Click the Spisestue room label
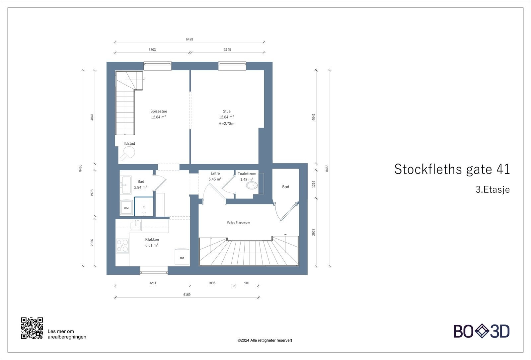(x=158, y=111)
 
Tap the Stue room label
(x=226, y=111)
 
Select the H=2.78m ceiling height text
(x=226, y=124)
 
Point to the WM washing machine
(x=126, y=208)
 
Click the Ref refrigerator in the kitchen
(x=182, y=257)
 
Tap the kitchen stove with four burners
(x=122, y=246)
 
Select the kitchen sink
(x=136, y=226)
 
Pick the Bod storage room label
(x=286, y=187)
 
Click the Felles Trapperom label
(x=238, y=223)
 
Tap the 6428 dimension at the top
(x=190, y=39)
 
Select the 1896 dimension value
(x=212, y=283)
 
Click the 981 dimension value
(x=247, y=283)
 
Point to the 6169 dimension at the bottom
(x=187, y=295)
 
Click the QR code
(x=32, y=328)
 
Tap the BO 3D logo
(x=482, y=331)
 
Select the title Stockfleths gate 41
(x=452, y=169)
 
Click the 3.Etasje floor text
(x=493, y=190)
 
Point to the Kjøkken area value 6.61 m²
(x=152, y=246)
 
